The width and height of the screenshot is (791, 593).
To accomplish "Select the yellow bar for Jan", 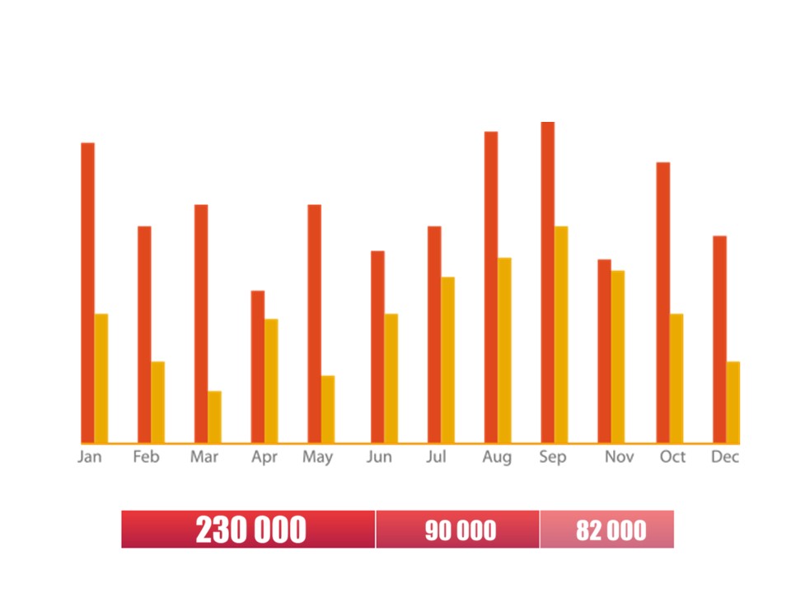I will (x=101, y=378).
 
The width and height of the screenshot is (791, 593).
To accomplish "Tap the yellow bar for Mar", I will (x=214, y=417).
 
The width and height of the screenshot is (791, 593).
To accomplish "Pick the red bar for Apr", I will (x=258, y=367).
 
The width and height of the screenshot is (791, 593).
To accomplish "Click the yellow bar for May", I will (x=328, y=409).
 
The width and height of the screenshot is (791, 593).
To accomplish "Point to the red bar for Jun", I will (x=377, y=347).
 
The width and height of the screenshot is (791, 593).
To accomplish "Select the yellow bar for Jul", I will (x=447, y=360).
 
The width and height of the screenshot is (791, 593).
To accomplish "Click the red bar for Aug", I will (x=491, y=287).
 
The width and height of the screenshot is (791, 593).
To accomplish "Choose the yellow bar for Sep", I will (x=561, y=334).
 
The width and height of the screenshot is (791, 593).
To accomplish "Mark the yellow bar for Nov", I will (x=618, y=357).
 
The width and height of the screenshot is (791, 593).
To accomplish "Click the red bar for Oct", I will (x=662, y=302).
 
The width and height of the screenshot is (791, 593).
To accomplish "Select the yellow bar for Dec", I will (x=732, y=402).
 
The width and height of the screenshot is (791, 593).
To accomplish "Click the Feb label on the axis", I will (x=146, y=457).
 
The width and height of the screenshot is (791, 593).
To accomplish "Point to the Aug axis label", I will (x=497, y=457).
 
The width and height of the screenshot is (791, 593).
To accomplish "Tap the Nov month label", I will (x=620, y=457).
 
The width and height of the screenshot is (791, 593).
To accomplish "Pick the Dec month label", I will (x=725, y=457).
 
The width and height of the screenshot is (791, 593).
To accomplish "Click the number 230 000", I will (x=250, y=530).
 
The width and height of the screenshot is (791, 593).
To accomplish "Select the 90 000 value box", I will (x=460, y=530).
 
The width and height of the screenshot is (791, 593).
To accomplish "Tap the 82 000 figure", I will (x=611, y=530).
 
